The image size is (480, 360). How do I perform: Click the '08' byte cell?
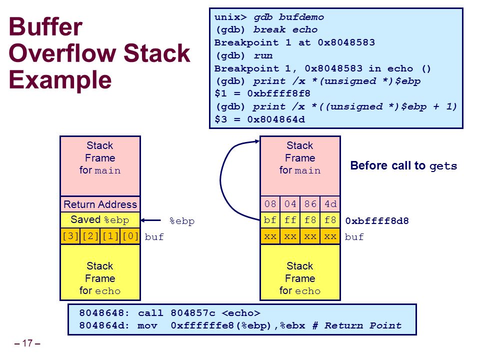click(270, 204)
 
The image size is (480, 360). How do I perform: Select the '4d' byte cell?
click(330, 204)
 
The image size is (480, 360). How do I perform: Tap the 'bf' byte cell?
click(270, 220)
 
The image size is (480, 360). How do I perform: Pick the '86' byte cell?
click(310, 204)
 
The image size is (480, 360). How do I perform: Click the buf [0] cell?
click(130, 236)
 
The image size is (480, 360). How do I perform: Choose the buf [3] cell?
click(70, 236)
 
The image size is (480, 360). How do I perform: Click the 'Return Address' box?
click(100, 204)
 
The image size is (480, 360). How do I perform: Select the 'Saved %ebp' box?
click(100, 220)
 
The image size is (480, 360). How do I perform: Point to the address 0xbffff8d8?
click(377, 220)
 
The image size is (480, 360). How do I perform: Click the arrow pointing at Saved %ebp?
click(150, 220)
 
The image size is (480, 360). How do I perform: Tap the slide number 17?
click(27, 343)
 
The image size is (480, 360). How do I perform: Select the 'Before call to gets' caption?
click(403, 165)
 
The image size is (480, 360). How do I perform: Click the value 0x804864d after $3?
click(276, 119)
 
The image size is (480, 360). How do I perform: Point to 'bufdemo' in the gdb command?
click(301, 17)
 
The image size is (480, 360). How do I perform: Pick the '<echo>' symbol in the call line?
click(241, 313)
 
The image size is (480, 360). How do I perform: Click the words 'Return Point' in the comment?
click(363, 325)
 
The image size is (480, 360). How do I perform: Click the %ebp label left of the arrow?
click(182, 221)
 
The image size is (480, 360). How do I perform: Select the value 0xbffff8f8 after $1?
click(278, 93)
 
